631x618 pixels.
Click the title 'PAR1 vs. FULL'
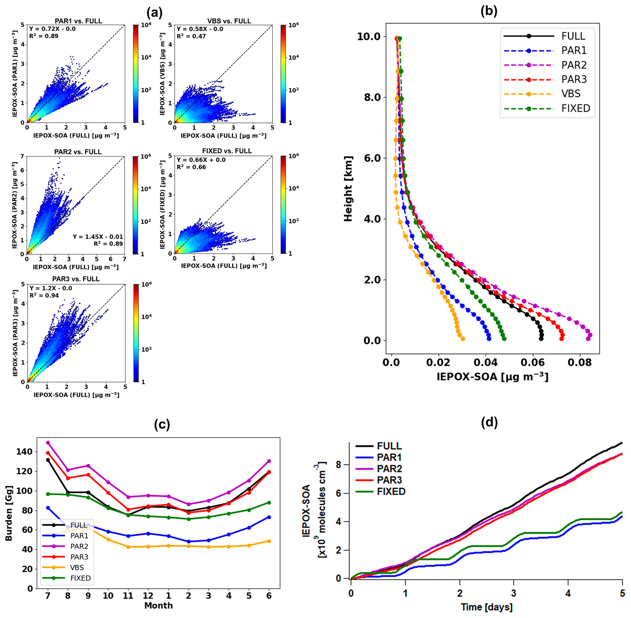point(78,21)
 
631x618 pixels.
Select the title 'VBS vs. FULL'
point(229,21)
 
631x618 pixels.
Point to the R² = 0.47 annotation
point(191,36)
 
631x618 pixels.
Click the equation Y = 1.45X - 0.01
point(98,237)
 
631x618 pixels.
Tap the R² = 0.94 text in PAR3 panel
point(44,295)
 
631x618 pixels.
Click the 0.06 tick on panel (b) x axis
point(532,362)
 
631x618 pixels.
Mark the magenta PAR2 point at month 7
point(48,442)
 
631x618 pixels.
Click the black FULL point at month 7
point(48,460)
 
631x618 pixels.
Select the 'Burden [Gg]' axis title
point(9,513)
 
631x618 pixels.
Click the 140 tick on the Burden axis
point(24,451)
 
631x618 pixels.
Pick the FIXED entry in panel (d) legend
point(391,491)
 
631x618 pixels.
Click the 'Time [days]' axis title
point(486,607)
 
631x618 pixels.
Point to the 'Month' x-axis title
point(158,605)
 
